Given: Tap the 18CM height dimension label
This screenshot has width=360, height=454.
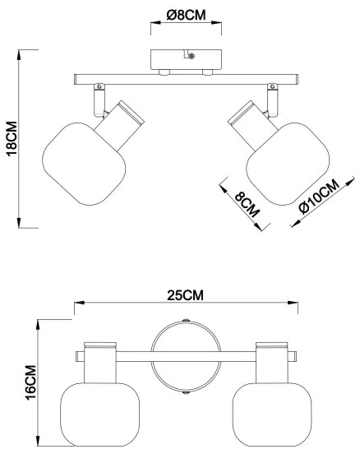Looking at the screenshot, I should [x=12, y=137].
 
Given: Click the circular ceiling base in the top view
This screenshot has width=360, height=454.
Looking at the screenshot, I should [x=185, y=357].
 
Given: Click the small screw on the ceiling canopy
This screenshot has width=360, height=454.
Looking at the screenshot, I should [x=191, y=56].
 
